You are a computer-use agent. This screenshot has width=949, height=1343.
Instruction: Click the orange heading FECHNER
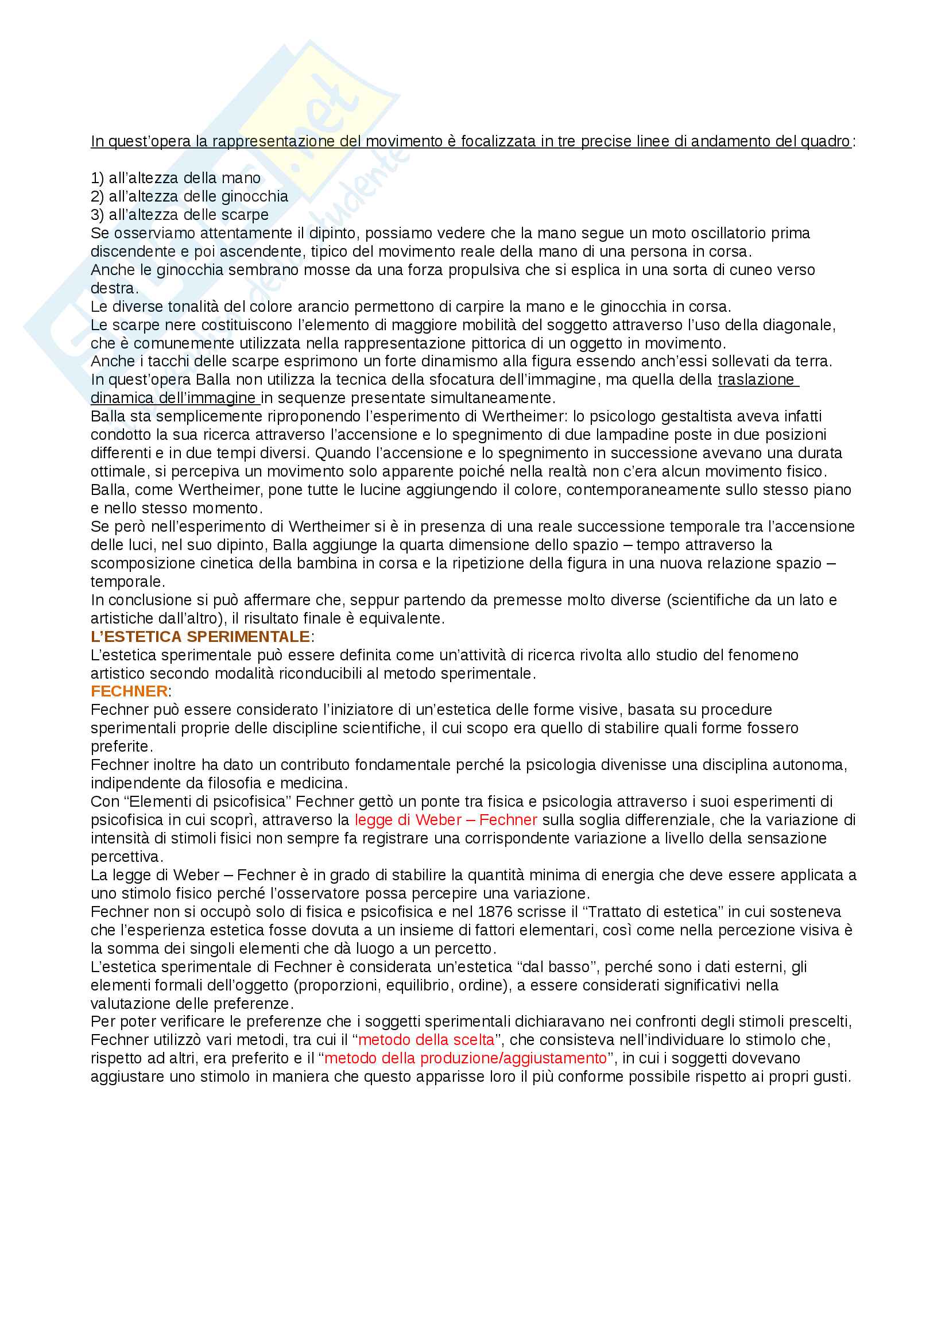(129, 691)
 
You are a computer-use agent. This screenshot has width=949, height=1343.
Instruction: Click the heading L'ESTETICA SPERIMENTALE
(200, 636)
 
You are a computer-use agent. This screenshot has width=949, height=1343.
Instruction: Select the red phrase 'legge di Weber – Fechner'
(446, 820)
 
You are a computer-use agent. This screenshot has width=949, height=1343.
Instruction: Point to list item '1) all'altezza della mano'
(176, 178)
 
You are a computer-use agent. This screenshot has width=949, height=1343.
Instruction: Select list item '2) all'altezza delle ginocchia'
(189, 196)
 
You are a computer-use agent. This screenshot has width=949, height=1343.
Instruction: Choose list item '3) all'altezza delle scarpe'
(180, 215)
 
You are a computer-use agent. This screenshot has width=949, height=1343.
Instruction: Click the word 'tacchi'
(155, 362)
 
